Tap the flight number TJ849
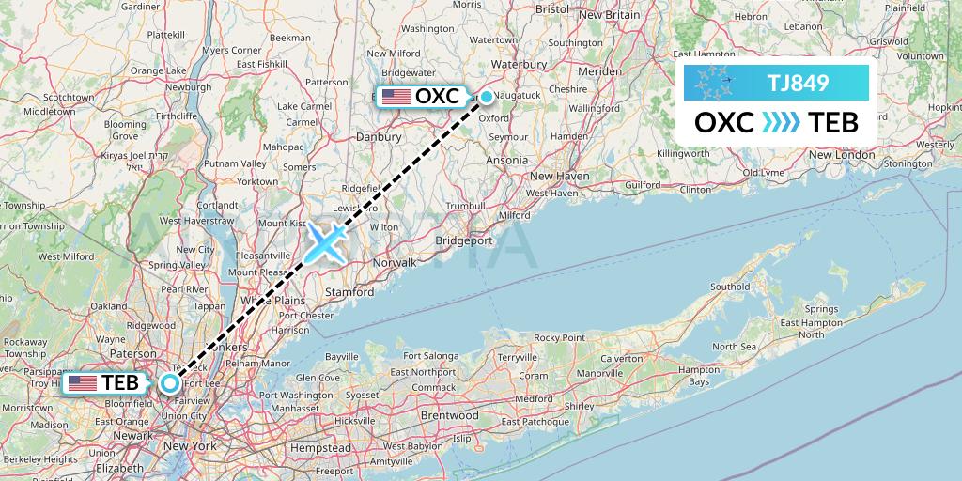point(798,83)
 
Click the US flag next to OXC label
point(396,97)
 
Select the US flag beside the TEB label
point(83,383)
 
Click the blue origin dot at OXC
point(487,96)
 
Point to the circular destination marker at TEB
point(170,382)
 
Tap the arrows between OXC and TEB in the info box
point(781,123)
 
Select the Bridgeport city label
point(464,240)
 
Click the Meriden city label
point(599,70)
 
